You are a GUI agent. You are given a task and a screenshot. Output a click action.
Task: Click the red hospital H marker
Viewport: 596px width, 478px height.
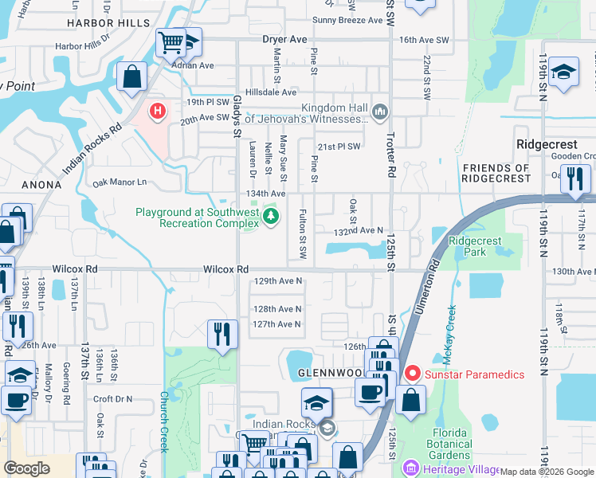click(158, 111)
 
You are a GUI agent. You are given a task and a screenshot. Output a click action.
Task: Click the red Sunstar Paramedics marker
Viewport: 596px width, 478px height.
click(411, 373)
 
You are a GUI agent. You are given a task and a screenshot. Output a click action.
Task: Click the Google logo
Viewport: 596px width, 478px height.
click(26, 468)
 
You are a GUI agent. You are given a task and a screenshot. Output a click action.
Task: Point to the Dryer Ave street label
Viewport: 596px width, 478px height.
click(284, 39)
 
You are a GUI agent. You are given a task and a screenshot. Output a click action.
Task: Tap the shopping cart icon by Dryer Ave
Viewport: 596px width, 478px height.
click(170, 41)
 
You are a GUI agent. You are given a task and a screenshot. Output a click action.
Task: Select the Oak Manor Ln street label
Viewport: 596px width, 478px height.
click(120, 182)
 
